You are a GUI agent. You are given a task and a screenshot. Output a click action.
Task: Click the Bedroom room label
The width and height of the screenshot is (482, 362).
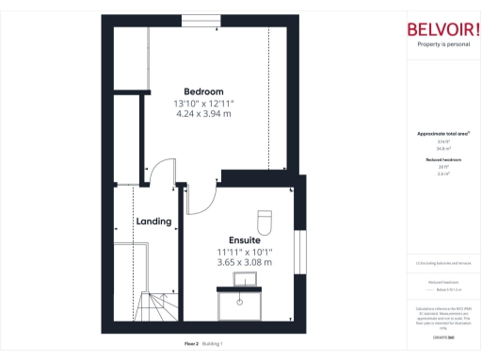point(203,91)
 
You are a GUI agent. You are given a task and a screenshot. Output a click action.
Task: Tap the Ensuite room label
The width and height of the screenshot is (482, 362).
point(244,240)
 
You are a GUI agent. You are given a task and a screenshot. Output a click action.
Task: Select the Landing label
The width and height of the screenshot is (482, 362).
point(153,222)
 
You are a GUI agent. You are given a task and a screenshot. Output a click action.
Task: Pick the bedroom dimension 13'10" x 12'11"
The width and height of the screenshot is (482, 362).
point(203,103)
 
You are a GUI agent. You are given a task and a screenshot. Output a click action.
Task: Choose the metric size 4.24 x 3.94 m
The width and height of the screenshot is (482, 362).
point(203,113)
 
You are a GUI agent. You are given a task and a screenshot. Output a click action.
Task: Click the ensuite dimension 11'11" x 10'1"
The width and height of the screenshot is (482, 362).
point(244,252)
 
